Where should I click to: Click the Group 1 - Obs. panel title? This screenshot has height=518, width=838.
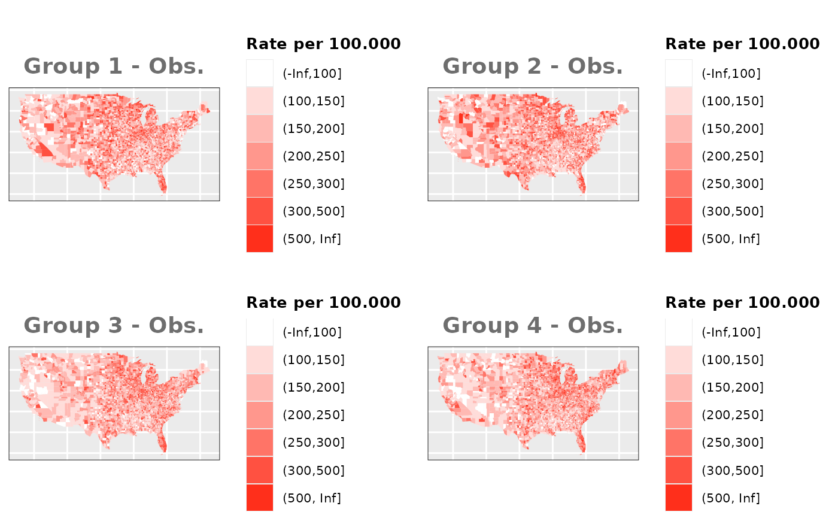(x=114, y=66)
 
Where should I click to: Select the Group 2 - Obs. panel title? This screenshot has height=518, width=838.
(x=533, y=66)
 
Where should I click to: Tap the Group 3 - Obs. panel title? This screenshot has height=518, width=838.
(x=114, y=325)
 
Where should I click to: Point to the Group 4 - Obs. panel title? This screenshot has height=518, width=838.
(x=533, y=325)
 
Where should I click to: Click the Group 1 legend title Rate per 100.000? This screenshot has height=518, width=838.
(x=323, y=44)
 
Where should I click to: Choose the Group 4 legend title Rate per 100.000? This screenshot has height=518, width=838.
(x=742, y=302)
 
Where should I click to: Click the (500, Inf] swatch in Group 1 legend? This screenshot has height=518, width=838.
(x=260, y=239)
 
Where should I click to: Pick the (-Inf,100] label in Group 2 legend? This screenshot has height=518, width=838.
(x=731, y=74)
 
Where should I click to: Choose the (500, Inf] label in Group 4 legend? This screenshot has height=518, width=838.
(x=730, y=498)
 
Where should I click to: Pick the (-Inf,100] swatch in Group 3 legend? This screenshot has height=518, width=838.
(x=260, y=332)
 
